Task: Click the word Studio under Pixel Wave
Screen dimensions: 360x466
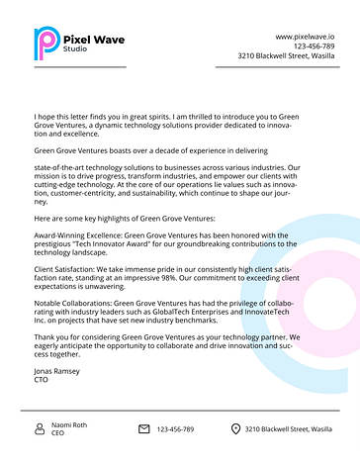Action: tap(74, 48)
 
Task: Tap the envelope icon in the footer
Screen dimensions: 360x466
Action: tap(143, 428)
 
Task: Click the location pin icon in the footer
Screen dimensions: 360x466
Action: tap(235, 428)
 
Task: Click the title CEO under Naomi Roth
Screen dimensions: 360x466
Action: tap(58, 433)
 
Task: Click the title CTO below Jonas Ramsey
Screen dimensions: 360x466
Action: tap(41, 379)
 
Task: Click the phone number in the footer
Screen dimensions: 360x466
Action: tap(175, 428)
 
